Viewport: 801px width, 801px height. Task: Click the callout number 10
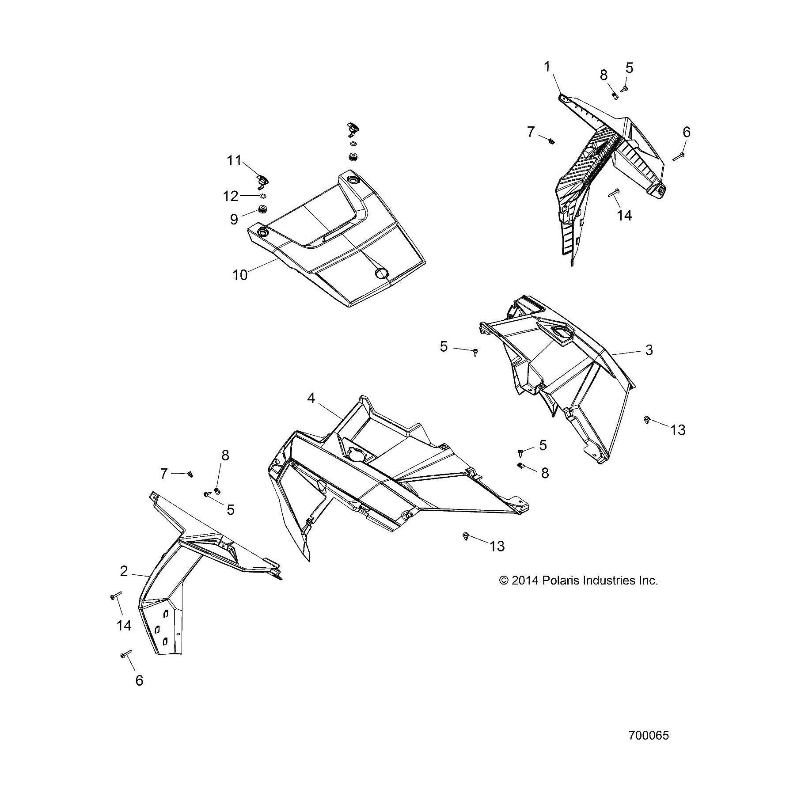(240, 275)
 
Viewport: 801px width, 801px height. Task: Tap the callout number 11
(234, 160)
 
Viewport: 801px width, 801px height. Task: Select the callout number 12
(230, 196)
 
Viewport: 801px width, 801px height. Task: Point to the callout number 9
(234, 219)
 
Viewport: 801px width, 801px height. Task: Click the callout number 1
(547, 67)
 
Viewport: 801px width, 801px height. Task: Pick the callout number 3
(649, 350)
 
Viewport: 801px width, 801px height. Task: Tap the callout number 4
(311, 398)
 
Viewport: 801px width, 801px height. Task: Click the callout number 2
(124, 571)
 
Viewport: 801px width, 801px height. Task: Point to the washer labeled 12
(263, 196)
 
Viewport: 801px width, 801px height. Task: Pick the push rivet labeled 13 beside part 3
(647, 419)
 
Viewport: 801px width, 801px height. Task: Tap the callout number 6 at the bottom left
(139, 680)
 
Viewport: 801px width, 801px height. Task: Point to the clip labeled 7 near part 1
(551, 141)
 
